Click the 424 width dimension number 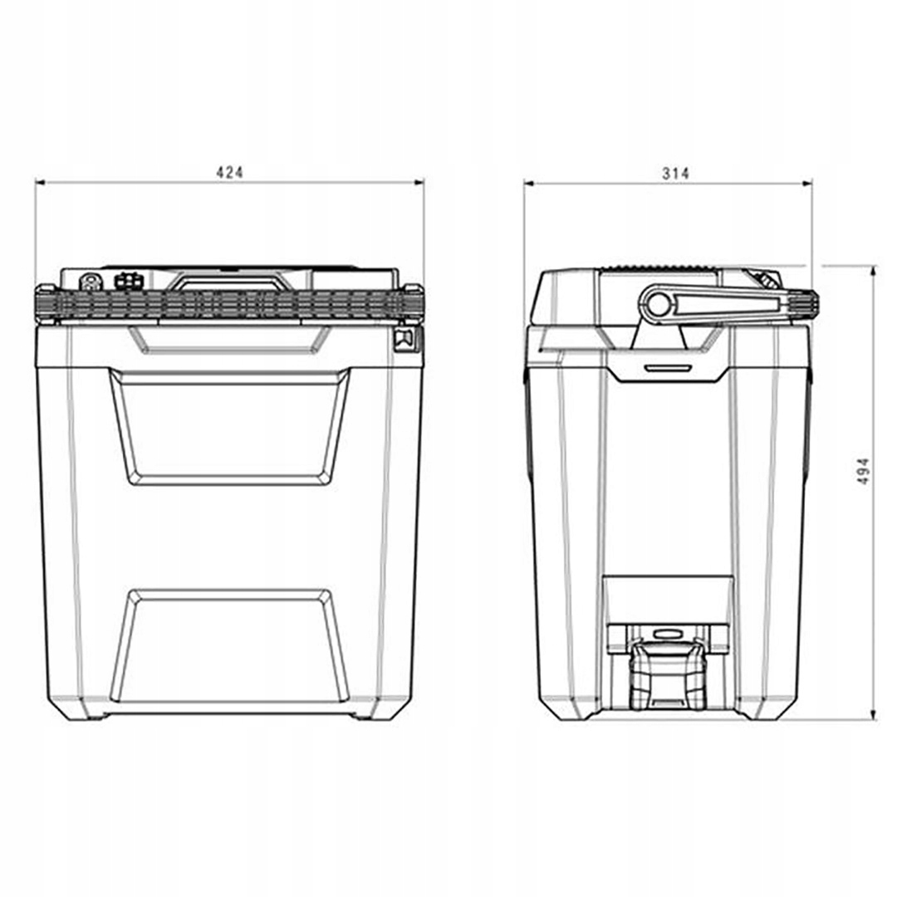tap(229, 172)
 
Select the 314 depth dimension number tap(675, 173)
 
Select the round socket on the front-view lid tap(91, 282)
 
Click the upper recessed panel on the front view tap(229, 426)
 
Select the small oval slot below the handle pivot tap(667, 366)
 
